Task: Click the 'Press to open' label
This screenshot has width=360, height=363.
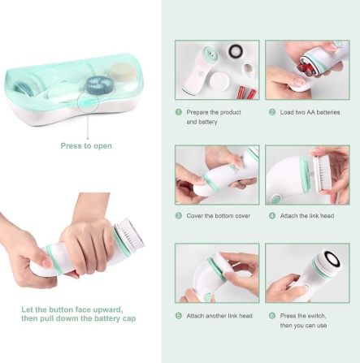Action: (86, 146)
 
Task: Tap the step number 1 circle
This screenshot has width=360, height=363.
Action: (179, 112)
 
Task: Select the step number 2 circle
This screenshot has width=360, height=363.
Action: (272, 112)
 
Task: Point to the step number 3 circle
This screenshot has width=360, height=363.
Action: (179, 216)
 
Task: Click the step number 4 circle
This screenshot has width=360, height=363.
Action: (272, 216)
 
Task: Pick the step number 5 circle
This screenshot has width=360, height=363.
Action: (179, 316)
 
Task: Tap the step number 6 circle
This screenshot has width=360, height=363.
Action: (272, 316)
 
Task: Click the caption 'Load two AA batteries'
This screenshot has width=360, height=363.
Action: (310, 112)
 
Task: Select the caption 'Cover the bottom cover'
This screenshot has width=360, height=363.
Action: (219, 216)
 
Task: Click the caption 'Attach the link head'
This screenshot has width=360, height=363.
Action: (307, 216)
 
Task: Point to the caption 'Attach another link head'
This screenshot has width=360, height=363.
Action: (219, 316)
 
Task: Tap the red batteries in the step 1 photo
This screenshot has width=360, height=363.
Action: (247, 93)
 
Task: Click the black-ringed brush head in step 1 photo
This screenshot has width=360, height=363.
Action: (236, 50)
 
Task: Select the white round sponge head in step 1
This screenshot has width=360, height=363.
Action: (219, 82)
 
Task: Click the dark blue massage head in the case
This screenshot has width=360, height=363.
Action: (102, 83)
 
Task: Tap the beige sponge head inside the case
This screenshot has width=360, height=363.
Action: (123, 72)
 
